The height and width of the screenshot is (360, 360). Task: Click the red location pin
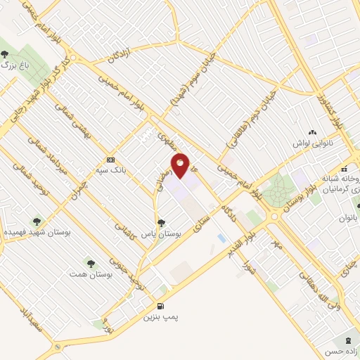tap(181, 166)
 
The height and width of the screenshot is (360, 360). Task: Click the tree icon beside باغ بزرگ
tap(5, 54)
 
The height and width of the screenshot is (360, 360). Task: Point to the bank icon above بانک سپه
tap(110, 159)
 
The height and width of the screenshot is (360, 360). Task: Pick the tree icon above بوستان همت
tap(90, 262)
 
